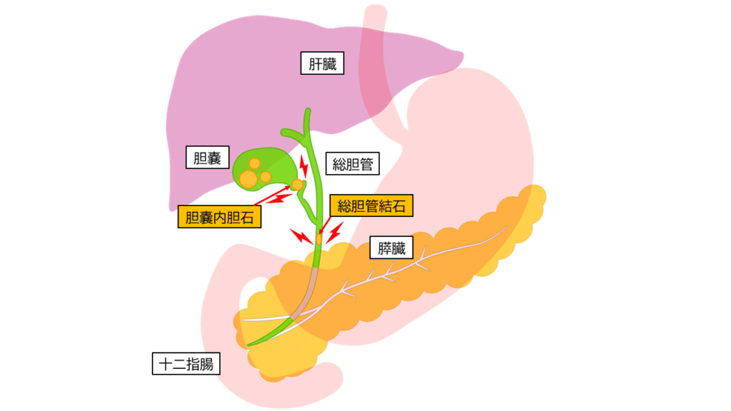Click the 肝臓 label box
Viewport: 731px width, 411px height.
pyautogui.click(x=322, y=63)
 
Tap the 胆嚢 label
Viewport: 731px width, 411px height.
pyautogui.click(x=208, y=157)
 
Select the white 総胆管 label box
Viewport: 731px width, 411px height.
pyautogui.click(x=353, y=163)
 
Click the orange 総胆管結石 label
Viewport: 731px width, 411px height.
pyautogui.click(x=371, y=205)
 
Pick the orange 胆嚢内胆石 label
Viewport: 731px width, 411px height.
pyautogui.click(x=220, y=217)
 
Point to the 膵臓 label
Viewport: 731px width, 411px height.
pyautogui.click(x=392, y=248)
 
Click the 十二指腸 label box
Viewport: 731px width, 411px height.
pyautogui.click(x=186, y=363)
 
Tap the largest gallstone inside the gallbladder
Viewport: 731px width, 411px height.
pyautogui.click(x=248, y=179)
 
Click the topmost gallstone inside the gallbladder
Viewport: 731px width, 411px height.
pyautogui.click(x=255, y=163)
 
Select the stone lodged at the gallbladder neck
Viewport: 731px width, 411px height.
pyautogui.click(x=297, y=185)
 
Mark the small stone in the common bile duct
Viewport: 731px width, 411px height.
pyautogui.click(x=319, y=239)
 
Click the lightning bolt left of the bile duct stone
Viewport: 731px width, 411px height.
pyautogui.click(x=301, y=236)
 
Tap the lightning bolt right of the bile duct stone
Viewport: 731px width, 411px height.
pyautogui.click(x=335, y=233)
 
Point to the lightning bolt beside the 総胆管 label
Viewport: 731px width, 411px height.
pyautogui.click(x=303, y=166)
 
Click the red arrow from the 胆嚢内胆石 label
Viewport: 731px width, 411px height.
pyautogui.click(x=272, y=196)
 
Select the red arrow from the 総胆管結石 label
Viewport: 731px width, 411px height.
pyautogui.click(x=325, y=225)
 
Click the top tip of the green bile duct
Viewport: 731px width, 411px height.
pyautogui.click(x=308, y=110)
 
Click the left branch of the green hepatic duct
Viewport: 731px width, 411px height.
pyautogui.click(x=292, y=133)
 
